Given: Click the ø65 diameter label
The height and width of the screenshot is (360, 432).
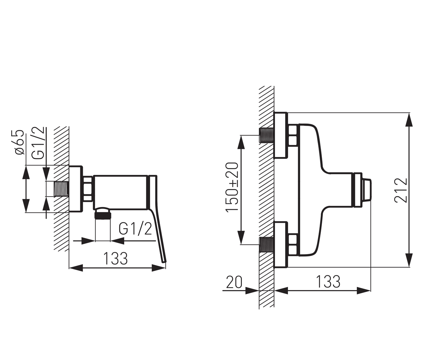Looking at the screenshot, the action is [x=20, y=142].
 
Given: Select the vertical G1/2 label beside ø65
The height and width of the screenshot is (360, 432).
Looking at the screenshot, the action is [x=38, y=143].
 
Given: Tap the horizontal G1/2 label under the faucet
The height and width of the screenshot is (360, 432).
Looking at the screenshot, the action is [x=135, y=229].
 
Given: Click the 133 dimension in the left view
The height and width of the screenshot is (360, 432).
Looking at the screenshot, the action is [x=116, y=258].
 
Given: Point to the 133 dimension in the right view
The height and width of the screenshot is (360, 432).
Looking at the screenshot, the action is [x=328, y=282].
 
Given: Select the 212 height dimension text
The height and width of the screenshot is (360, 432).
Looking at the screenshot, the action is [x=401, y=190].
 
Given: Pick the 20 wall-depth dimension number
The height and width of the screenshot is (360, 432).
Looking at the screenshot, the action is [x=234, y=282].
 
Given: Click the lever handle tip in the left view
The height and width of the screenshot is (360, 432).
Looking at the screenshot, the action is [x=164, y=262].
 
